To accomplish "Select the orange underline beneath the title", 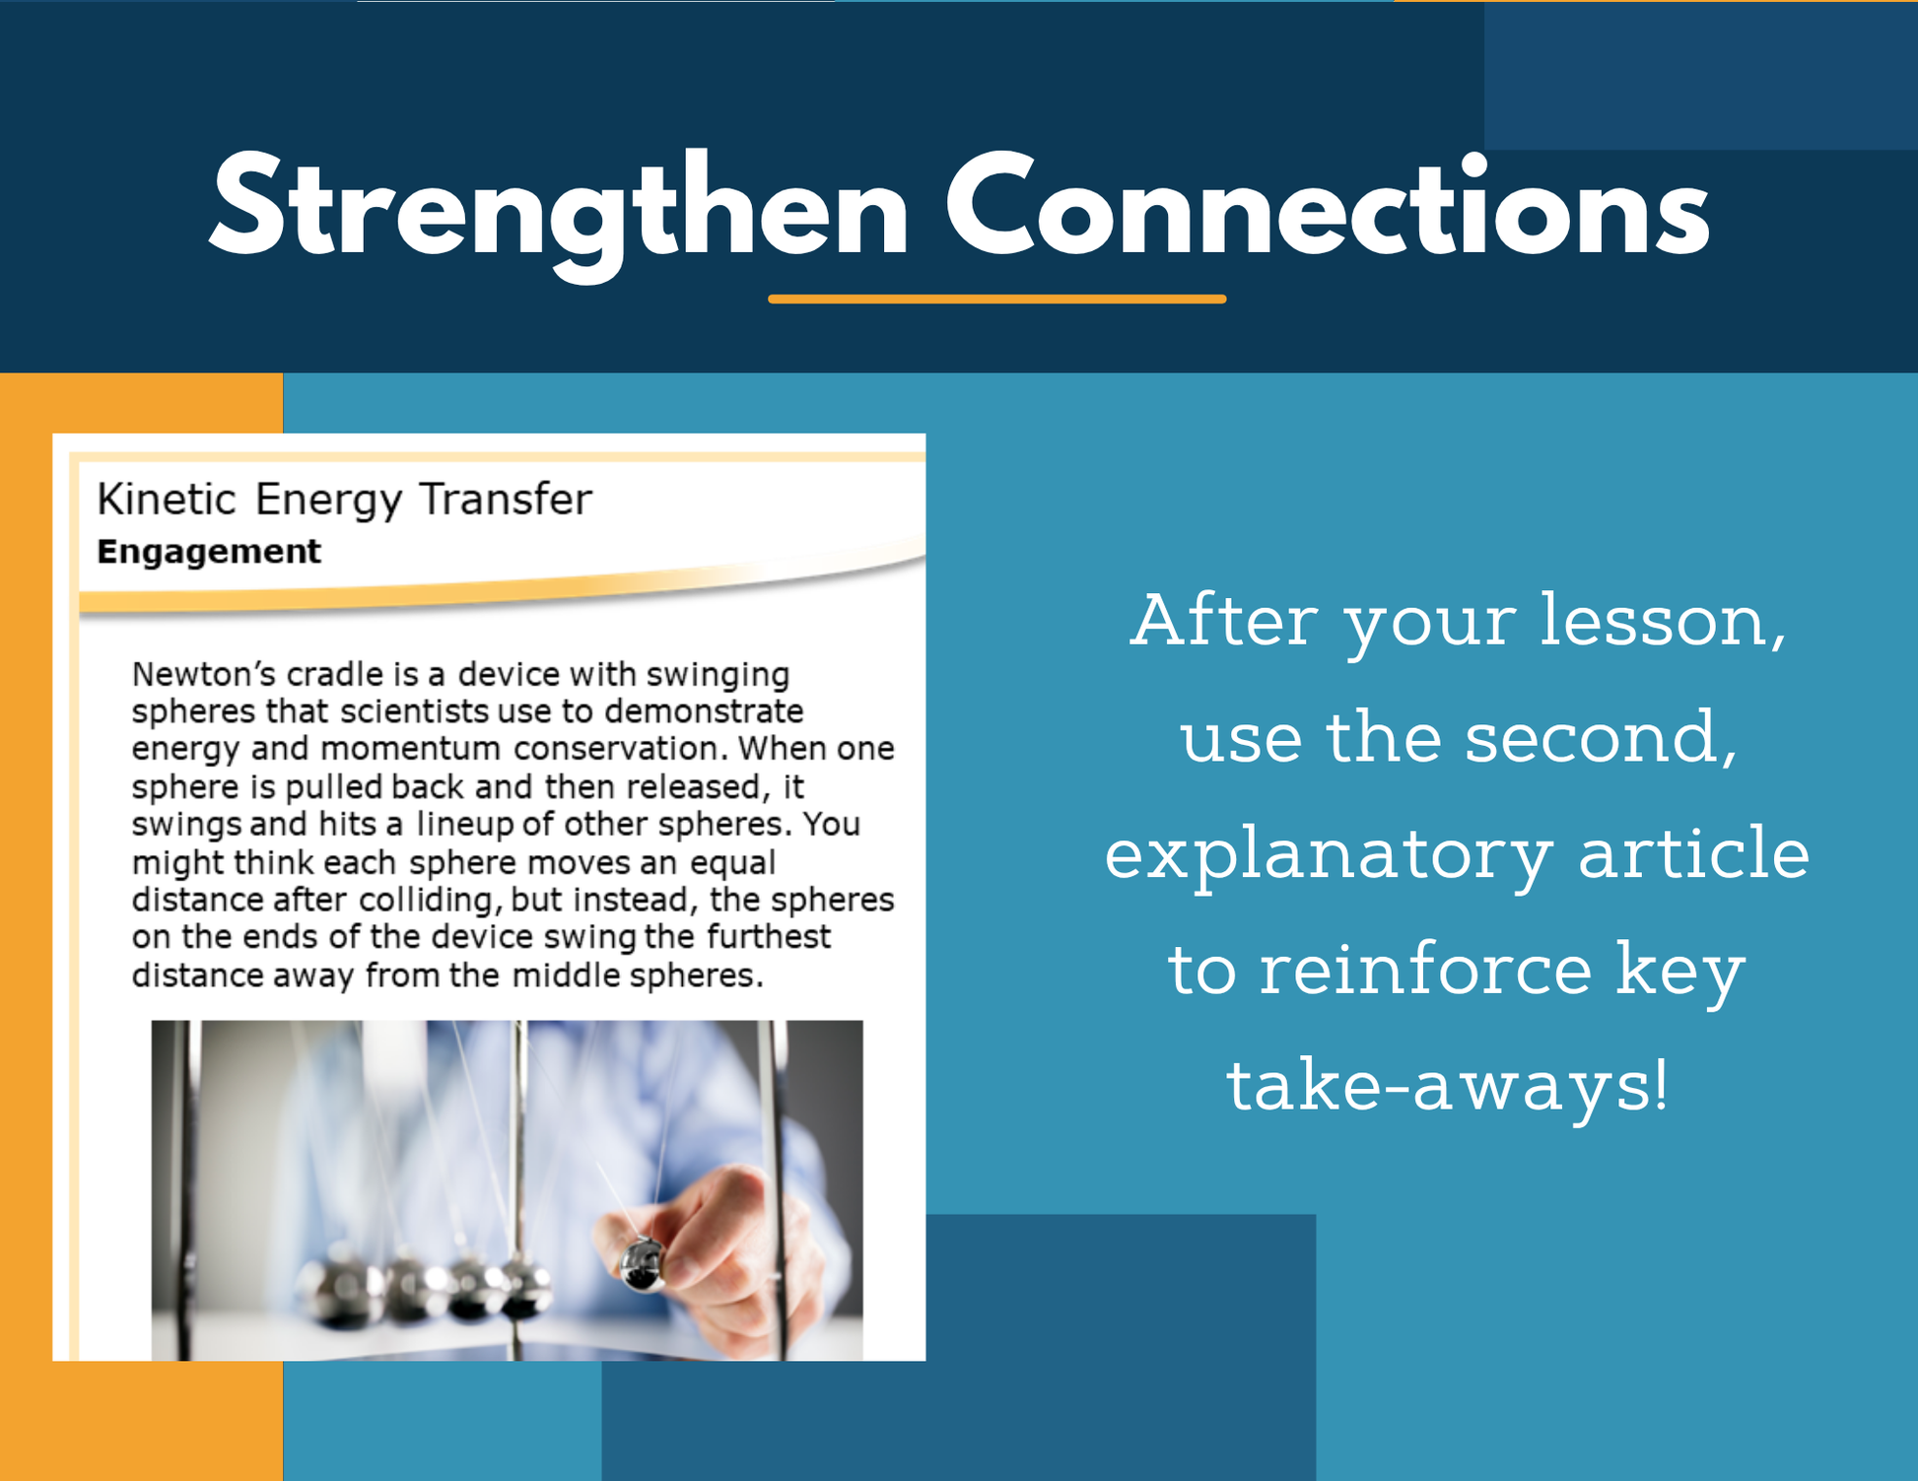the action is click(x=997, y=299).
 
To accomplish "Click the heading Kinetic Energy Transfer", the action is click(x=344, y=501).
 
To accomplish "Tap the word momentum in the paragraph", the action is click(x=411, y=749).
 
